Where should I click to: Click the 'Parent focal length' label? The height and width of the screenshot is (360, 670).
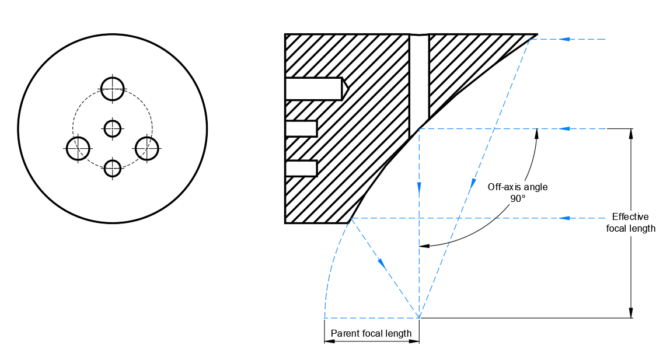click(371, 334)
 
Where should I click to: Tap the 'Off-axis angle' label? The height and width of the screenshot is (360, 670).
click(518, 187)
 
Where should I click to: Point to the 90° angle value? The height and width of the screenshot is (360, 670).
click(518, 198)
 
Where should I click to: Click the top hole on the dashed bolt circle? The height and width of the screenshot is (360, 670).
click(113, 89)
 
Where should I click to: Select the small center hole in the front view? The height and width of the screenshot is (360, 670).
click(112, 128)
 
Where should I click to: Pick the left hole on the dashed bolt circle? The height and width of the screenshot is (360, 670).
click(78, 148)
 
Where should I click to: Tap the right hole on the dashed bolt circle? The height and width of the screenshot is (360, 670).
click(147, 148)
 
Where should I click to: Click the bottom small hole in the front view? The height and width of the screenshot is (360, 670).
click(112, 168)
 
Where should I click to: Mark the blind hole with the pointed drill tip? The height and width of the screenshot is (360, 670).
click(315, 89)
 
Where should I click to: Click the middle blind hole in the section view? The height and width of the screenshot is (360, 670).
click(301, 128)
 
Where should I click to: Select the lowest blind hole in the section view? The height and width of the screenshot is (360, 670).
click(301, 168)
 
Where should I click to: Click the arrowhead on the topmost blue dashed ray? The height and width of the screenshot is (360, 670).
click(564, 39)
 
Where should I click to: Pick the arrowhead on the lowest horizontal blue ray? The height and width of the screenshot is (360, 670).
click(564, 218)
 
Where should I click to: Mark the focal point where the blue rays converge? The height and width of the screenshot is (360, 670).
click(419, 318)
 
